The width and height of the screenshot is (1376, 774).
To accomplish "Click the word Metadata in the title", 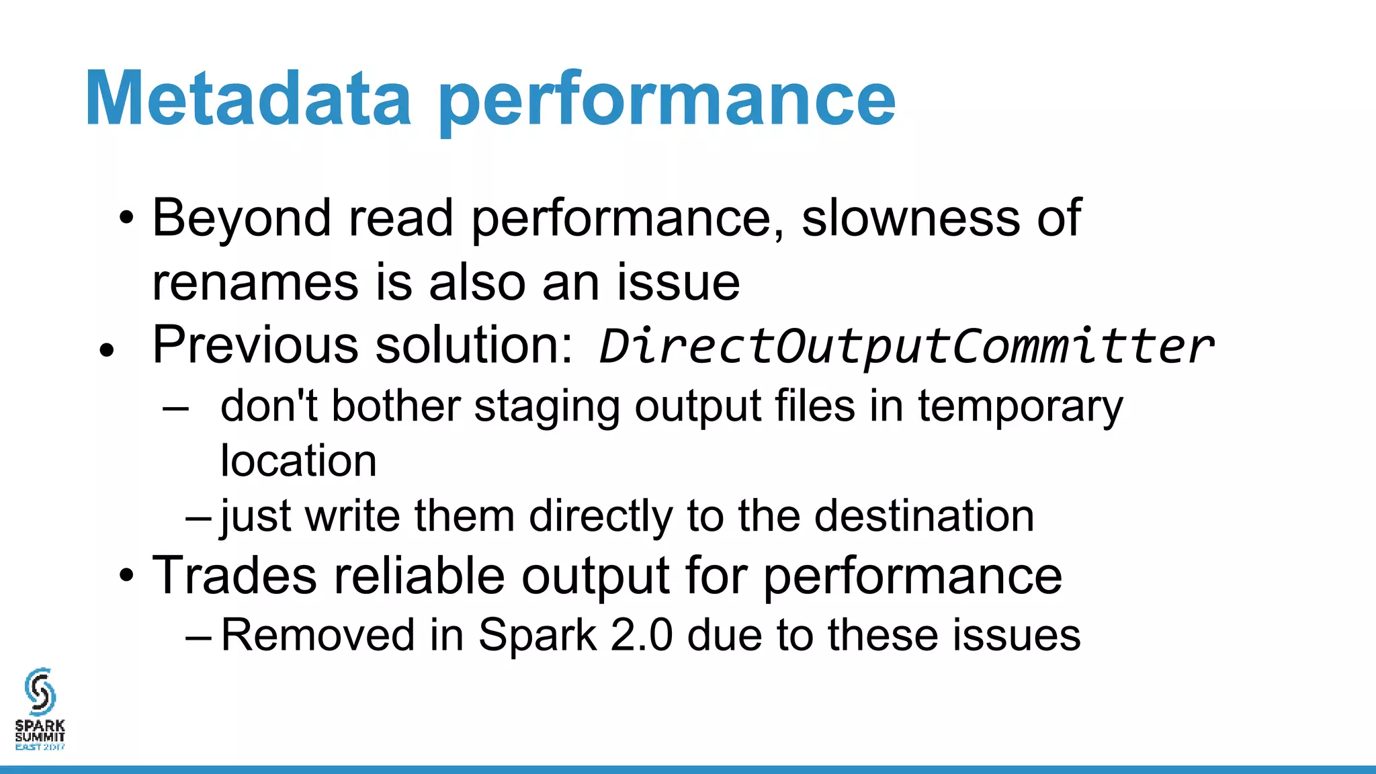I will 248,99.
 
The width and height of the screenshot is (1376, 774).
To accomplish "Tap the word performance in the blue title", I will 667,101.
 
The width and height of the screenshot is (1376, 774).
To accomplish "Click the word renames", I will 255,282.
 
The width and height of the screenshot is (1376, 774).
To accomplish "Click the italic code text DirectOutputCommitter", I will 906,347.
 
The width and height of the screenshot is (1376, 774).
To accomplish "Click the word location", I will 298,462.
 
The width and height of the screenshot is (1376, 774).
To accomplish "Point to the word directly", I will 601,517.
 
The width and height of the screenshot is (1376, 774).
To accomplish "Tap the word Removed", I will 318,635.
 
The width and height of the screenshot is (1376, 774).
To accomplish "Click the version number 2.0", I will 641,635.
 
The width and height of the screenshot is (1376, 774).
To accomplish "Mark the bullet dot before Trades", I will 126,576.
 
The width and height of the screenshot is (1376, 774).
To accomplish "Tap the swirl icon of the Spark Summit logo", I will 40,691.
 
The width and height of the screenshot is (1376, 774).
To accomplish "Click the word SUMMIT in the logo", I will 40,736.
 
